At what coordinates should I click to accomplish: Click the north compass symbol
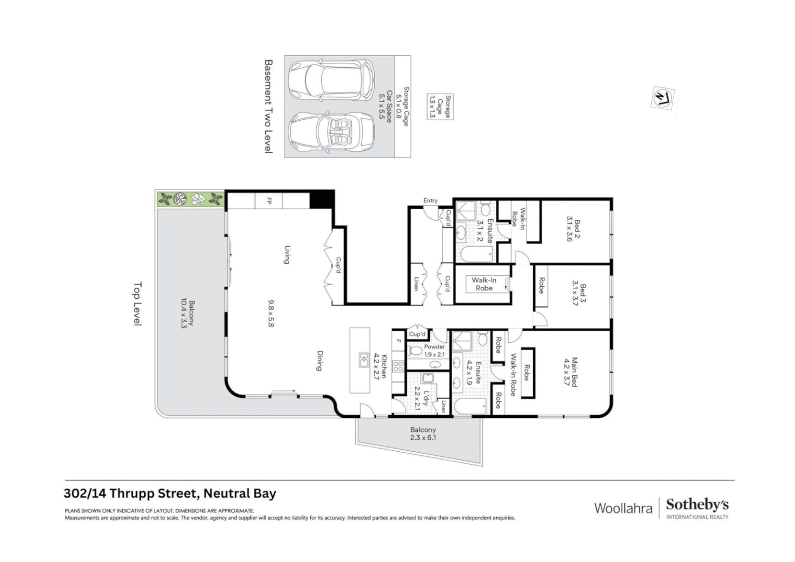662,98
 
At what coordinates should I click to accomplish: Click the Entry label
430,201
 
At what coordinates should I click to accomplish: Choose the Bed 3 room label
579,294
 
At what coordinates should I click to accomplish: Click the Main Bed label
571,372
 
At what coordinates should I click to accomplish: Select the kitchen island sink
363,360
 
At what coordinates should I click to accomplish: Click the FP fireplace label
269,200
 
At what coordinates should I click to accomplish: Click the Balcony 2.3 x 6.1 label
422,433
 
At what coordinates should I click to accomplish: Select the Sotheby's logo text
697,505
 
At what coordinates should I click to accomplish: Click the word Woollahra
623,508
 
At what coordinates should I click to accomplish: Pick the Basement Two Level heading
268,106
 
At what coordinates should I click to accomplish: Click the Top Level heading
138,304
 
